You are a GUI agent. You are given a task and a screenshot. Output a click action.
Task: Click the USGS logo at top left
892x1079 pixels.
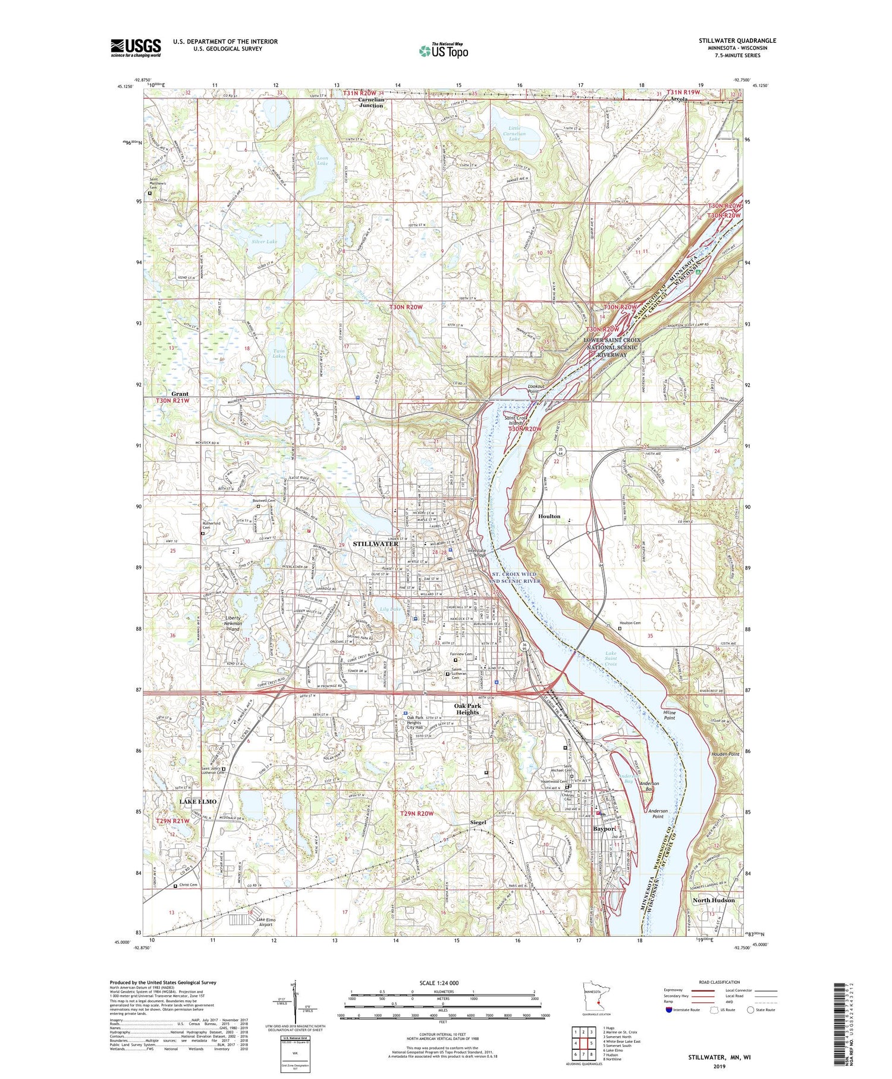[x=136, y=48]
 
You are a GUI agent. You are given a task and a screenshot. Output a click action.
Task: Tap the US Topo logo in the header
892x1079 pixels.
[x=443, y=51]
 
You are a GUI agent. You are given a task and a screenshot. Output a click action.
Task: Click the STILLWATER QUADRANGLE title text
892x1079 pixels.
[x=737, y=41]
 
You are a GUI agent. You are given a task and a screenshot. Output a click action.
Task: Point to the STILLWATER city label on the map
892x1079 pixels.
[x=375, y=544]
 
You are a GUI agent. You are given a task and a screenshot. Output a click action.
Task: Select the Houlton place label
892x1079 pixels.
[x=549, y=516]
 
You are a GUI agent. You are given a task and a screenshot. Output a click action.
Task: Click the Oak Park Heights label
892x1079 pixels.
[x=467, y=709]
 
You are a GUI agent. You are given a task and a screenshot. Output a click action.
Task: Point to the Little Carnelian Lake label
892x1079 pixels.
[x=514, y=134]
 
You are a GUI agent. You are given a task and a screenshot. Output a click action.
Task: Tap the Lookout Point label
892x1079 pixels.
[x=533, y=389]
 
